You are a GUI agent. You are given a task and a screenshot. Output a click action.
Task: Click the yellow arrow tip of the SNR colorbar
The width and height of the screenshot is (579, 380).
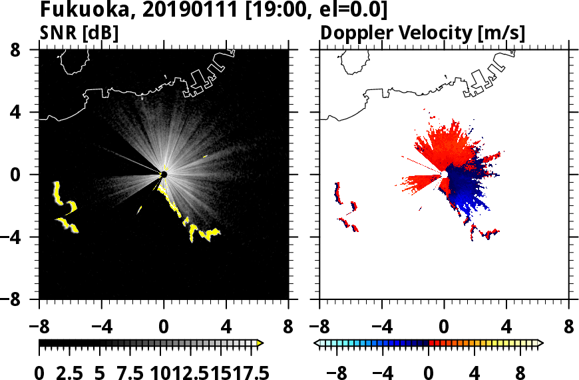pyautogui.click(x=260, y=343)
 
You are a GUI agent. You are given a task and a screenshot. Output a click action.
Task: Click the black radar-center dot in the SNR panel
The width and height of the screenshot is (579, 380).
pyautogui.click(x=164, y=175)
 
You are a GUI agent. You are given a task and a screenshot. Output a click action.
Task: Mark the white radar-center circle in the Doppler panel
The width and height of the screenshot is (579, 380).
pyautogui.click(x=444, y=175)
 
